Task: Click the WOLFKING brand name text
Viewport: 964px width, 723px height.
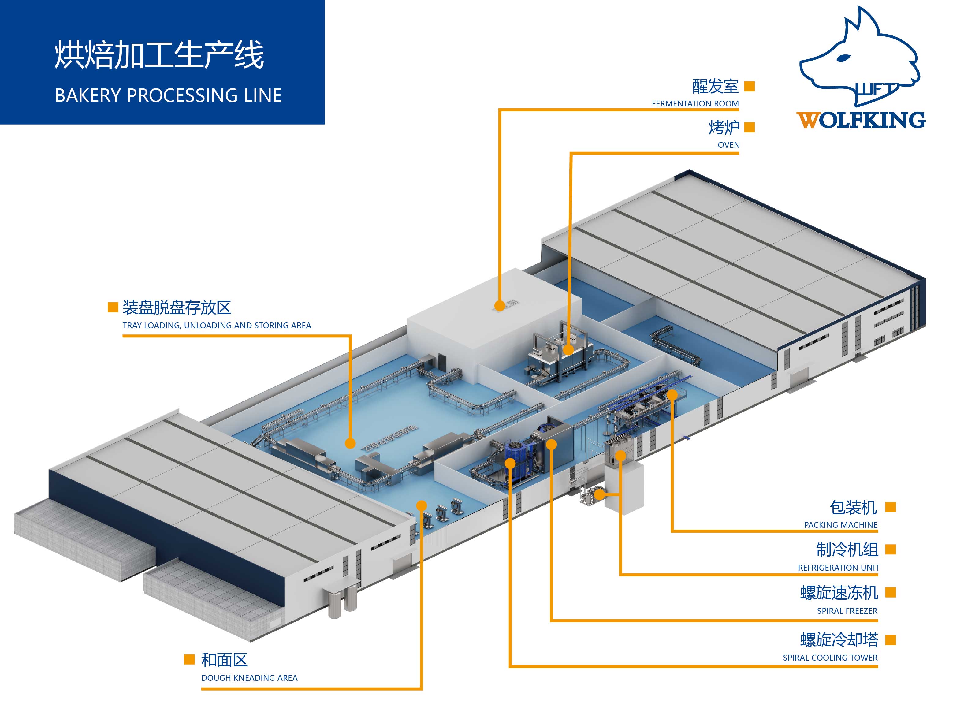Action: pyautogui.click(x=861, y=120)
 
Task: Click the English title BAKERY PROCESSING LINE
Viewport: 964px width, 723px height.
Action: pyautogui.click(x=168, y=95)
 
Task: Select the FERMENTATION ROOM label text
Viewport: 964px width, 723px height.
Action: pyautogui.click(x=695, y=104)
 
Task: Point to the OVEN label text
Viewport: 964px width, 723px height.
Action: pyautogui.click(x=728, y=145)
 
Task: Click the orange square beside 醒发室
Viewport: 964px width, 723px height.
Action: pyautogui.click(x=749, y=86)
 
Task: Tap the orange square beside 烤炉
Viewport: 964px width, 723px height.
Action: pyautogui.click(x=749, y=127)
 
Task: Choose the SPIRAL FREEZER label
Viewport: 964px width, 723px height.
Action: pyautogui.click(x=847, y=611)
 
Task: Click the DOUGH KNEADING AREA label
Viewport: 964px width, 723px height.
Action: pyautogui.click(x=249, y=678)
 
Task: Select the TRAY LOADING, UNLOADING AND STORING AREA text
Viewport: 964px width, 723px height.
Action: pyautogui.click(x=217, y=326)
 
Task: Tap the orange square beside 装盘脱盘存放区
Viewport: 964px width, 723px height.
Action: pyautogui.click(x=113, y=307)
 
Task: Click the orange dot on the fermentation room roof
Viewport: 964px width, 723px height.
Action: pyautogui.click(x=500, y=305)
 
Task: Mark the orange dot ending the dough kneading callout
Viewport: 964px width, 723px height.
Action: pyautogui.click(x=421, y=505)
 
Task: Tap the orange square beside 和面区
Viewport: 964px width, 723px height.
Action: pyautogui.click(x=189, y=659)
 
